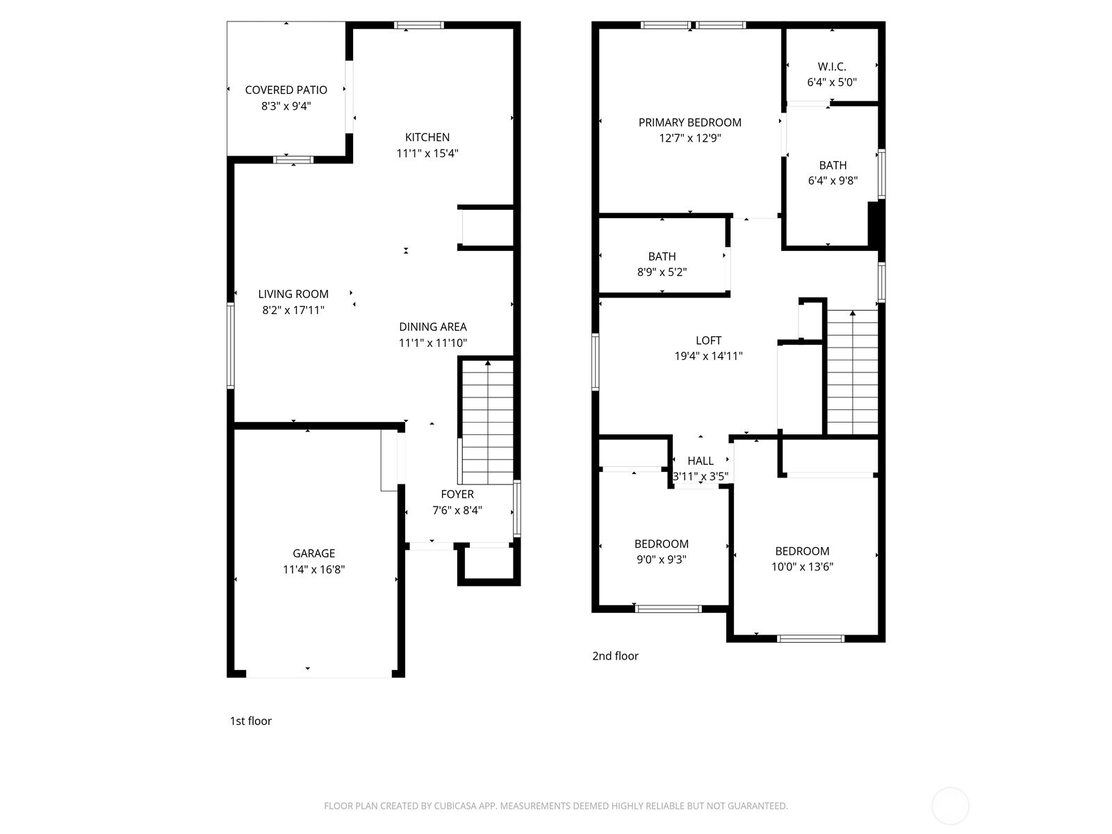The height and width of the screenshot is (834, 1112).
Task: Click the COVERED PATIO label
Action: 286,90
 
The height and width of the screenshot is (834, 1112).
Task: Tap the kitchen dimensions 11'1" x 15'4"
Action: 427,153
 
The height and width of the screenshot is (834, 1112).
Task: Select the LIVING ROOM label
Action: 293,294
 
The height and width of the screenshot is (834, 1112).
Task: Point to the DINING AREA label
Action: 432,327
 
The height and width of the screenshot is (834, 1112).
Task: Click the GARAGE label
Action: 313,553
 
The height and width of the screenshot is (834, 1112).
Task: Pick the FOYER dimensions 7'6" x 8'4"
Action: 457,510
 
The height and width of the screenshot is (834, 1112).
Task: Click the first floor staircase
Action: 488,424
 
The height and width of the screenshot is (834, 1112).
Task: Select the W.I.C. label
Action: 832,67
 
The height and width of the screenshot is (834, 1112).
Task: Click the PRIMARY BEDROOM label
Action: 689,122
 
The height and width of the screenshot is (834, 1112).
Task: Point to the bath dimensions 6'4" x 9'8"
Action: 833,181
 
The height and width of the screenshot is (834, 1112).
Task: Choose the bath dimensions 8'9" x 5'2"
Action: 662,272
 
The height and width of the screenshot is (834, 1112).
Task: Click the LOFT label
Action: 708,341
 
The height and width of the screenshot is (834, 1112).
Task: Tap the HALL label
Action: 701,461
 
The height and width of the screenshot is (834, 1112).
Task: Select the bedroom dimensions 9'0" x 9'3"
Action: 661,559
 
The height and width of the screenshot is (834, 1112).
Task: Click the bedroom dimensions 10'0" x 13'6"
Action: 802,566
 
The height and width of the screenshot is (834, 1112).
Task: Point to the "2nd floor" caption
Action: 615,656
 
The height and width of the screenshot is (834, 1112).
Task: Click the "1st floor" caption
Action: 251,721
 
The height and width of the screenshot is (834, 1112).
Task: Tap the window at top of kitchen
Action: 419,26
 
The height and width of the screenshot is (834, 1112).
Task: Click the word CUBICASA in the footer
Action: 455,806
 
